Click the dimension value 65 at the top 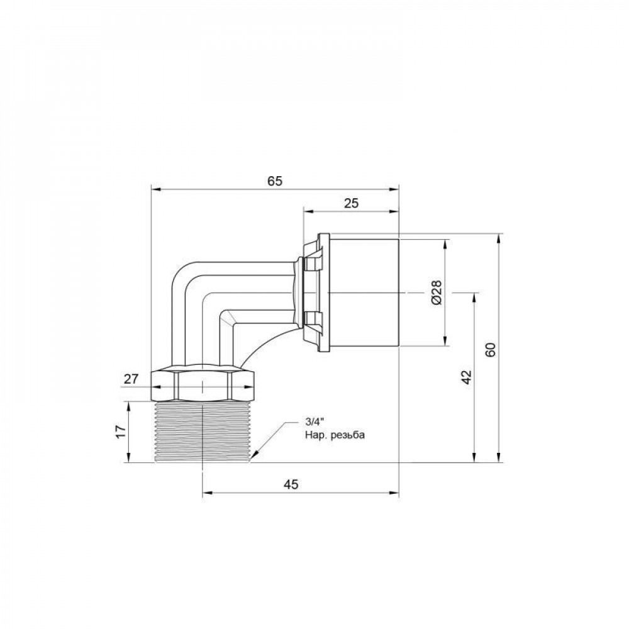pyautogui.click(x=275, y=181)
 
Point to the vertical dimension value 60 pyautogui.click(x=491, y=349)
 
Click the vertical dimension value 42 pyautogui.click(x=466, y=377)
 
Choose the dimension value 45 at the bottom pyautogui.click(x=291, y=484)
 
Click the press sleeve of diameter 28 pyautogui.click(x=364, y=292)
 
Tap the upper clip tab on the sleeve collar pyautogui.click(x=311, y=265)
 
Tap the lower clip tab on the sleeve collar pyautogui.click(x=311, y=319)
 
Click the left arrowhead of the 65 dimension pyautogui.click(x=155, y=188)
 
